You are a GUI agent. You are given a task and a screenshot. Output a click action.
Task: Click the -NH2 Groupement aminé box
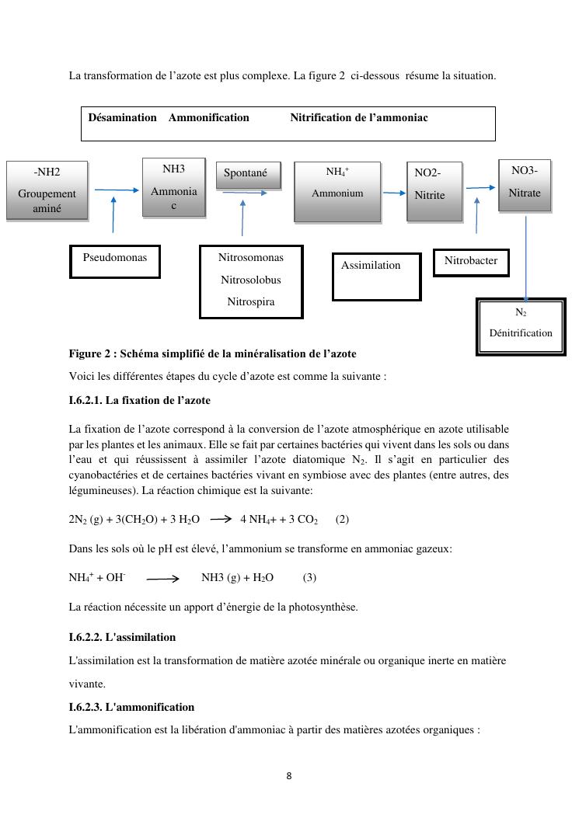coord(47,190)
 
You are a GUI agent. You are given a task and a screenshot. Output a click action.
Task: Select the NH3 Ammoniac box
coord(173,186)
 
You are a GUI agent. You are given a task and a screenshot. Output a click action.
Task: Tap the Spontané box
coord(246,174)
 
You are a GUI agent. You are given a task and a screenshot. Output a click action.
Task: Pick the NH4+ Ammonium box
coord(337,191)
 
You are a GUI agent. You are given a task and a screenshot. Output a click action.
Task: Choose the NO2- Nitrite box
coord(434,191)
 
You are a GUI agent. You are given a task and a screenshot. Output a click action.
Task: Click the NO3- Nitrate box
coord(524,186)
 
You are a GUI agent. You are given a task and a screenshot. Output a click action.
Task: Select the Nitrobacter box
coord(471,262)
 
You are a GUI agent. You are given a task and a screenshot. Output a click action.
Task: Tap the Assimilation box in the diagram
coord(376,276)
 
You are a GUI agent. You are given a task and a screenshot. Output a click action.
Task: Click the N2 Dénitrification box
coord(521,325)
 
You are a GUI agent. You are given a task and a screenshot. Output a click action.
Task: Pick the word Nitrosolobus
coord(251,280)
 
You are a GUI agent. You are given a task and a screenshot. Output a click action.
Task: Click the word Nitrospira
coord(251,301)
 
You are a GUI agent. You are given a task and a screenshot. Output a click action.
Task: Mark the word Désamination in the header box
coord(122,117)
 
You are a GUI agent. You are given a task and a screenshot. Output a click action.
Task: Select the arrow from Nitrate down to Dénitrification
coord(526,257)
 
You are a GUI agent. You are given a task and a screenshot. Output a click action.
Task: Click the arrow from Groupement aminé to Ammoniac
coord(116,190)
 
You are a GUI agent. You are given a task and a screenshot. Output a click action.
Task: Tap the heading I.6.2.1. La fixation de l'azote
coord(140,401)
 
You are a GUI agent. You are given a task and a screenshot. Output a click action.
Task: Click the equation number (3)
coord(309,577)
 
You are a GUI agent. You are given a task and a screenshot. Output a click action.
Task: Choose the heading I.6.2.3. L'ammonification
coord(131,707)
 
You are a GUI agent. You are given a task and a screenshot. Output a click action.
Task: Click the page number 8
coord(289,775)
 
